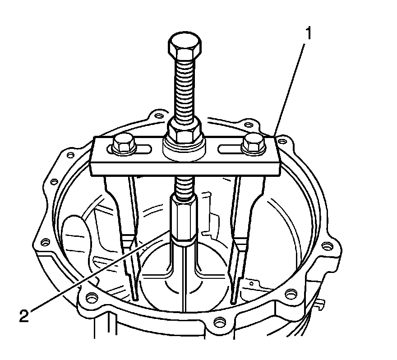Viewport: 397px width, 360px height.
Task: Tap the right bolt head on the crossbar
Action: pos(252,143)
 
